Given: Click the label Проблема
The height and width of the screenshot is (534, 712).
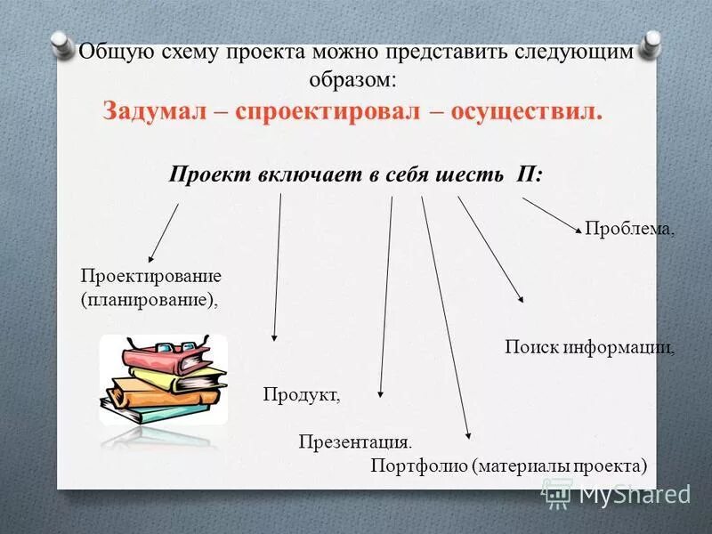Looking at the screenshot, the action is point(629,229).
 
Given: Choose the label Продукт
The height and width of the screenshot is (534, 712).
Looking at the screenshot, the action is point(302,394).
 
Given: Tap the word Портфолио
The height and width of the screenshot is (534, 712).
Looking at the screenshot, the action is point(417,465).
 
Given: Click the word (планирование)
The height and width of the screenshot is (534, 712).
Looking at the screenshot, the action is point(149,299).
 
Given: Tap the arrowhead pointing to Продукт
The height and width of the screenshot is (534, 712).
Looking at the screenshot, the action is point(274,336).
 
